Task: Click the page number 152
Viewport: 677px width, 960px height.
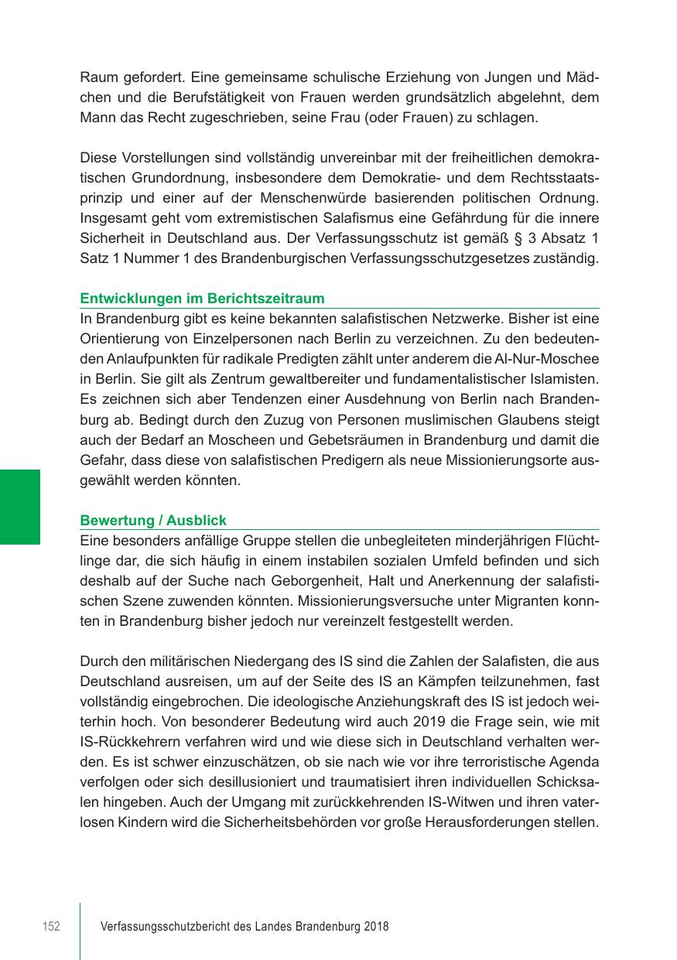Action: (50, 927)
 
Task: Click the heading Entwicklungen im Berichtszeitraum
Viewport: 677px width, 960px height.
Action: (202, 299)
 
